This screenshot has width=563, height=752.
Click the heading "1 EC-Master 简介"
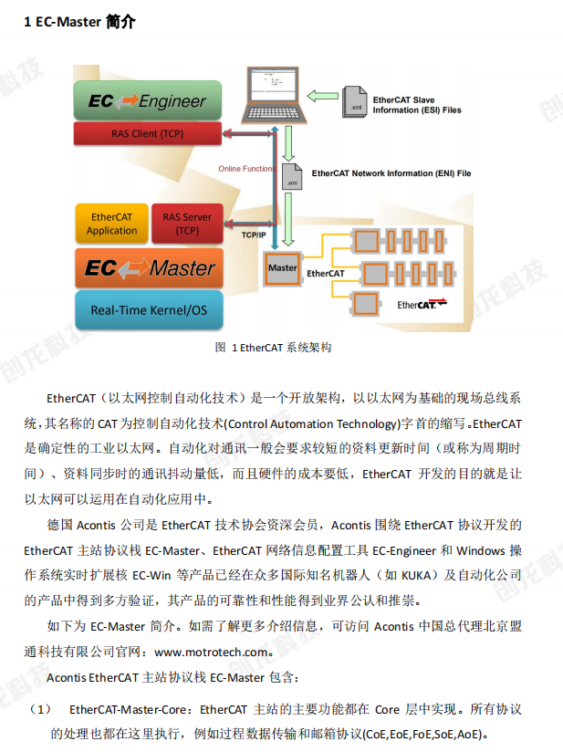click(x=79, y=22)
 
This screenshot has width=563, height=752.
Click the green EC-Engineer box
click(x=146, y=101)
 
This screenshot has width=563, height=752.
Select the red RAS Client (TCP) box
click(x=146, y=134)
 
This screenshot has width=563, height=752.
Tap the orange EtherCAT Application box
click(x=111, y=224)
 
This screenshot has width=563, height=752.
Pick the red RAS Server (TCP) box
click(x=187, y=224)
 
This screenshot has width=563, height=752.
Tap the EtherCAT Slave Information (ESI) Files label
click(x=416, y=104)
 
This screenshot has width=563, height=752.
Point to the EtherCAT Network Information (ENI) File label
click(x=391, y=172)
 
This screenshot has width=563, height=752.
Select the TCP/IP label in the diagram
click(x=254, y=235)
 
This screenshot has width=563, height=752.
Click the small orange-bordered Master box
click(x=283, y=269)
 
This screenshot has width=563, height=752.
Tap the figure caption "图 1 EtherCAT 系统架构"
click(x=273, y=348)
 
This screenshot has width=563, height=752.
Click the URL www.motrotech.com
click(x=212, y=653)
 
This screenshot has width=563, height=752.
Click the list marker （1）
click(x=42, y=709)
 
